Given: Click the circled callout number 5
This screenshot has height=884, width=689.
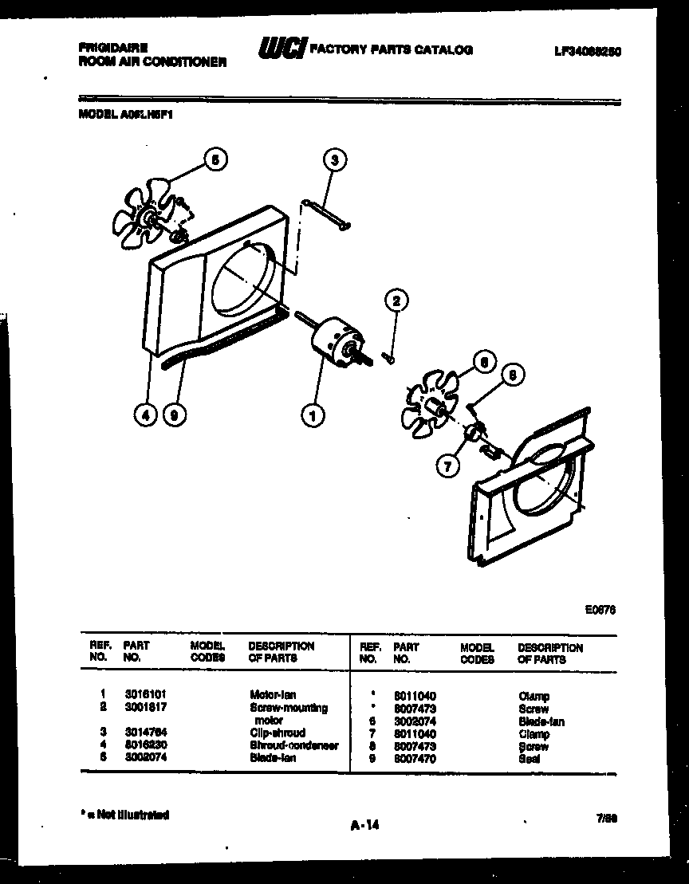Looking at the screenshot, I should pos(214,159).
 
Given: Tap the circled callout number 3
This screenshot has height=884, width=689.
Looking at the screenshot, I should pos(335,160).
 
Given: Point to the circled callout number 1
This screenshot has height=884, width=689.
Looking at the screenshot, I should pos(313,414).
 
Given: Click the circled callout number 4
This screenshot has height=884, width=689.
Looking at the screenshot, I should pos(145,414).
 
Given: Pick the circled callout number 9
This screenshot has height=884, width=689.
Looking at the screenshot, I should pos(172,414).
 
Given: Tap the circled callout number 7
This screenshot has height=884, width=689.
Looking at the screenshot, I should pos(448,466).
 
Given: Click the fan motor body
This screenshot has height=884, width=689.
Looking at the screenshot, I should pos(335,343).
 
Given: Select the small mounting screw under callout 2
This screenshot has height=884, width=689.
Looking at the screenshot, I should pos(389,357).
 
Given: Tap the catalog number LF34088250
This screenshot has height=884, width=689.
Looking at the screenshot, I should pos(588,51).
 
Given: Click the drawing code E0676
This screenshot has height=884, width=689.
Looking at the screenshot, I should pos(600,610).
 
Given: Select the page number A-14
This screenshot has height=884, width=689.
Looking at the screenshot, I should pos(364,826).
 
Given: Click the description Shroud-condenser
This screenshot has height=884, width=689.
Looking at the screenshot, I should pos(293,745).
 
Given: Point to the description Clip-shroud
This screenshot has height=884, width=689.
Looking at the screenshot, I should pos(277,733).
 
